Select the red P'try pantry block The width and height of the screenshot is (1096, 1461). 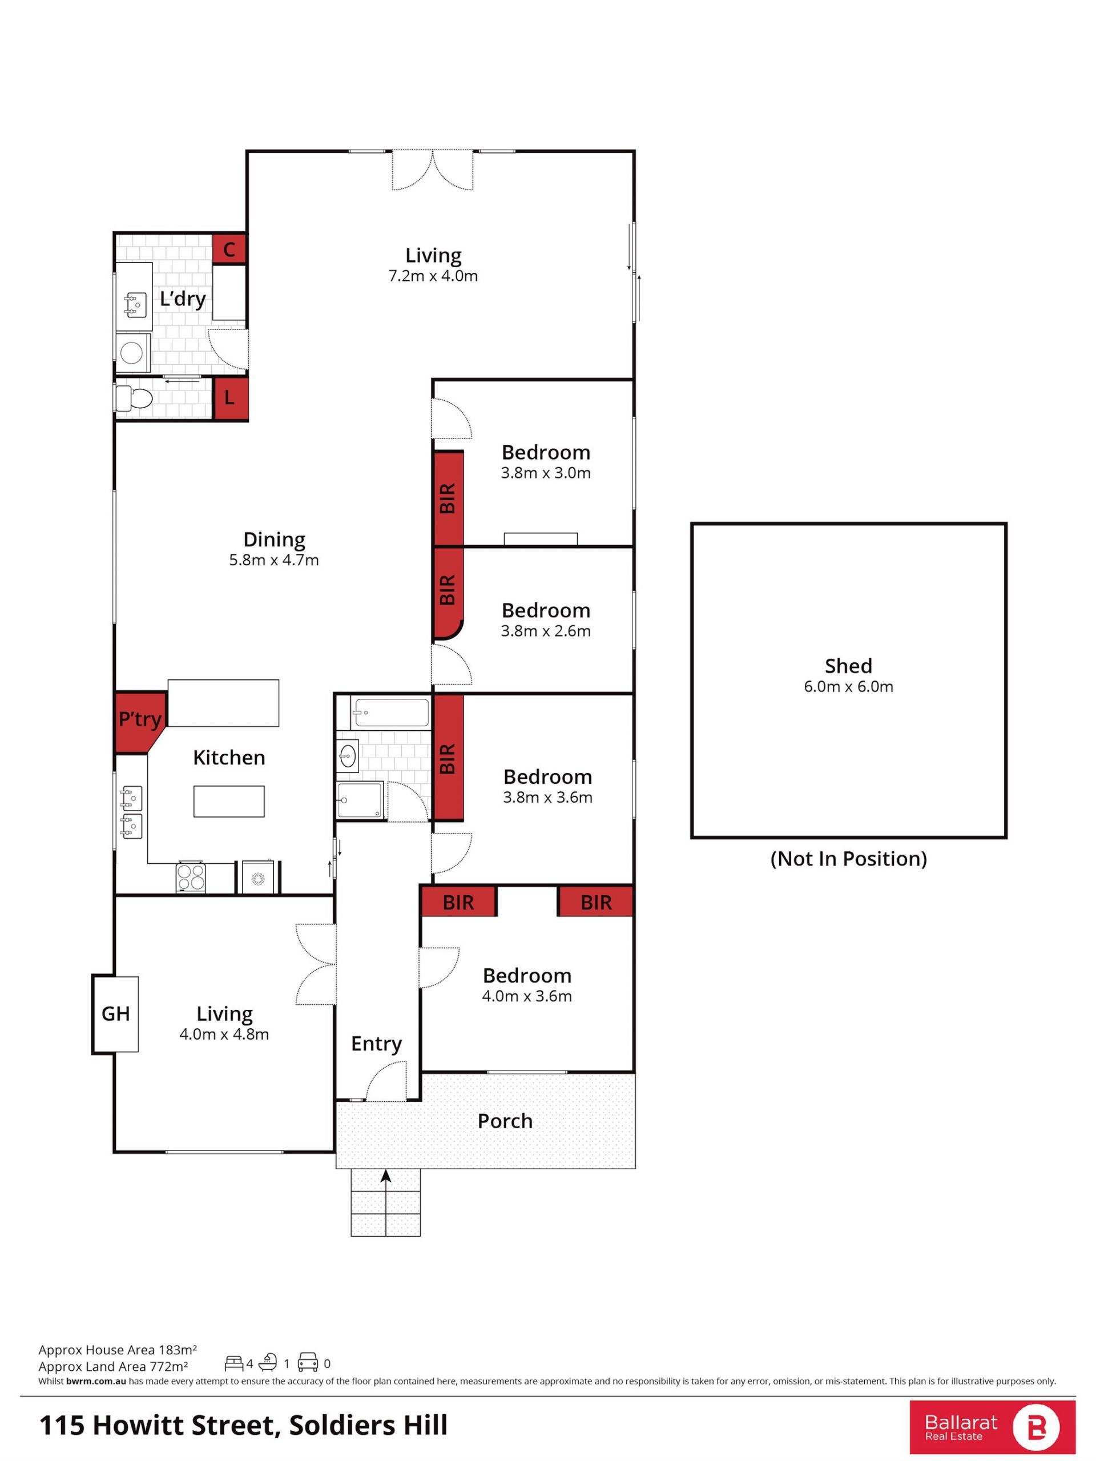(x=139, y=722)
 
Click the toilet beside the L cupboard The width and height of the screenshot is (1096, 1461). (x=134, y=399)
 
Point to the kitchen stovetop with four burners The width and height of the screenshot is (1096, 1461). (x=191, y=878)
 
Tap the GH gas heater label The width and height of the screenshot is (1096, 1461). (x=115, y=1013)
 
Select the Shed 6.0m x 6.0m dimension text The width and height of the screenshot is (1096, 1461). (x=848, y=686)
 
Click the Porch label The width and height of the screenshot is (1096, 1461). (x=505, y=1121)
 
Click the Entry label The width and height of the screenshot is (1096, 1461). (x=376, y=1044)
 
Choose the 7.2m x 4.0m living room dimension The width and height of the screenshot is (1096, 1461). (x=433, y=276)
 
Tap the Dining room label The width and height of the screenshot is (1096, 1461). (x=274, y=540)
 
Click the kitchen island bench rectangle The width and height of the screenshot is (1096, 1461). (x=229, y=801)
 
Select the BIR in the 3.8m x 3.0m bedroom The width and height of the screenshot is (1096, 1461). (x=448, y=498)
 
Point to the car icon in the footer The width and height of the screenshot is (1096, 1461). (x=308, y=1361)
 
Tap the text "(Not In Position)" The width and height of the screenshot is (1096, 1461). (x=848, y=859)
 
